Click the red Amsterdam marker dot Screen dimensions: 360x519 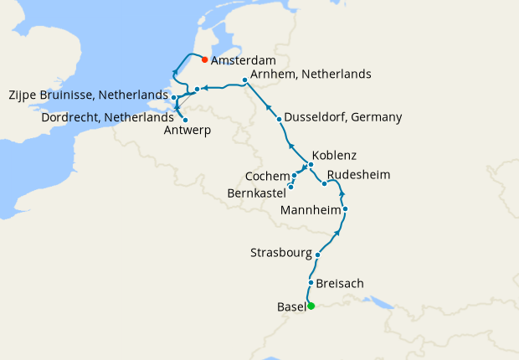coord(204,59)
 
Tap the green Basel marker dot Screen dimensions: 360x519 coord(311,306)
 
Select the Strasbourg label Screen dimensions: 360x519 coord(282,253)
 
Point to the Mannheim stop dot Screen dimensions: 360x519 coord(345,208)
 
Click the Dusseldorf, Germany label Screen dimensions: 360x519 coord(343,117)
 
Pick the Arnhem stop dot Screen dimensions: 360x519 coord(244,80)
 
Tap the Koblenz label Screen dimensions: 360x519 coord(334,156)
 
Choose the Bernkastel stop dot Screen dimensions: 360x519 coord(290,187)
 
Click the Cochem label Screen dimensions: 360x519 coord(268,177)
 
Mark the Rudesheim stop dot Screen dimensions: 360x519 coord(324,183)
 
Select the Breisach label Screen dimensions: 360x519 coord(341,284)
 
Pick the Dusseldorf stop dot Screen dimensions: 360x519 coord(279,120)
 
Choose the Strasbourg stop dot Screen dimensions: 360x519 coord(317,254)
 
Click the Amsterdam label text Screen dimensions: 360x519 coord(244,61)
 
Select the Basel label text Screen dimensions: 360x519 coord(290,306)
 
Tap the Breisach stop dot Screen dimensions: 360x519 coord(311,283)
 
